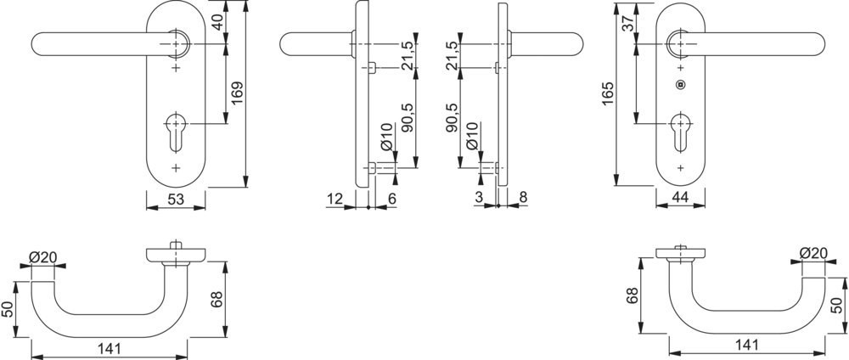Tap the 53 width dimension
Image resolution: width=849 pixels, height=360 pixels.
click(176, 200)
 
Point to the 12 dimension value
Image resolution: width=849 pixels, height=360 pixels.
click(335, 200)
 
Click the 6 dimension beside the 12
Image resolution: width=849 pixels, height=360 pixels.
click(392, 200)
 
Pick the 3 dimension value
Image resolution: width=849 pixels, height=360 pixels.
click(479, 198)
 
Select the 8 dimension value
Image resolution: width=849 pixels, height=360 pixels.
click(523, 198)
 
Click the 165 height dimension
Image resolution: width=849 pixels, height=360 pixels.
click(608, 93)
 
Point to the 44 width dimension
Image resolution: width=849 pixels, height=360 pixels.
click(680, 198)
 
